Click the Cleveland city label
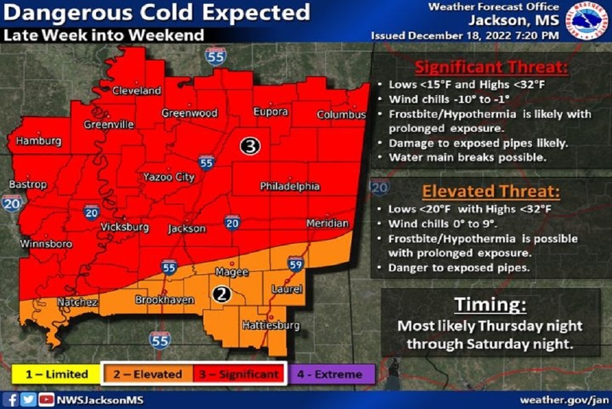point(136,91)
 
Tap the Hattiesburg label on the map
point(270,325)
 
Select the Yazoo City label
point(168,177)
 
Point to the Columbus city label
point(341,115)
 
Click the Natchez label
point(77,302)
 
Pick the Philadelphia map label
point(289,186)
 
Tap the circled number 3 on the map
point(250,146)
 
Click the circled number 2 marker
point(222,295)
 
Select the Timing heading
point(490,305)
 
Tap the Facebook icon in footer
point(13,400)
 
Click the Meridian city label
point(327,224)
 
